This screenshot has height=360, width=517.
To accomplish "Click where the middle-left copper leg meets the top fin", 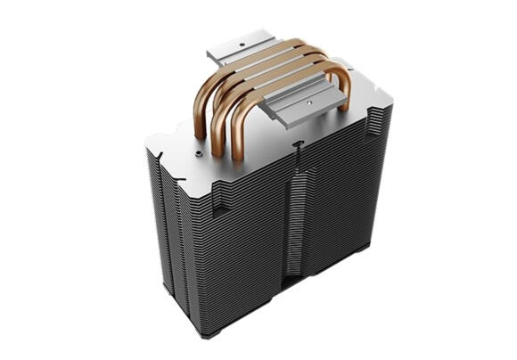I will coord(218,143).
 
